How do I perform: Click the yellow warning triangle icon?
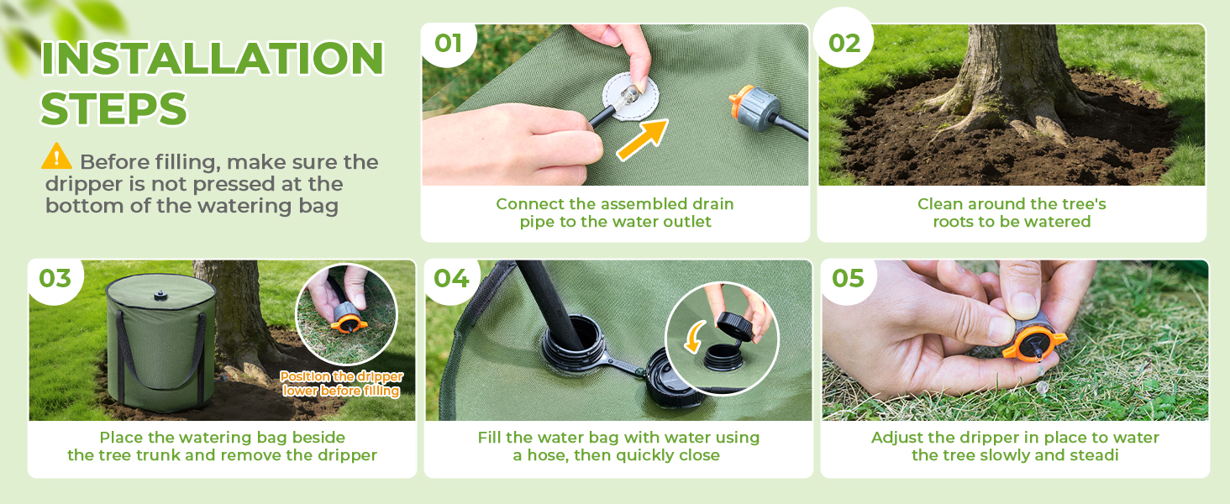click(56, 156)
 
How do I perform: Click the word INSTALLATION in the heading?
click(212, 58)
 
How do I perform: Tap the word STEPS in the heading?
click(114, 108)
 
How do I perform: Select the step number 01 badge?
click(448, 44)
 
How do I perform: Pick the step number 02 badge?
click(844, 44)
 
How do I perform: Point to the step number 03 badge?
click(55, 278)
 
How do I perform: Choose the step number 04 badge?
click(451, 278)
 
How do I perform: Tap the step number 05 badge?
click(848, 278)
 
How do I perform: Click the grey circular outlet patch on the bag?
click(630, 96)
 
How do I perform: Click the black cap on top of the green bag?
click(160, 296)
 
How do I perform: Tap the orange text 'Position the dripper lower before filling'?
click(342, 383)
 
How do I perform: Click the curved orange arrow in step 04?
click(693, 337)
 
